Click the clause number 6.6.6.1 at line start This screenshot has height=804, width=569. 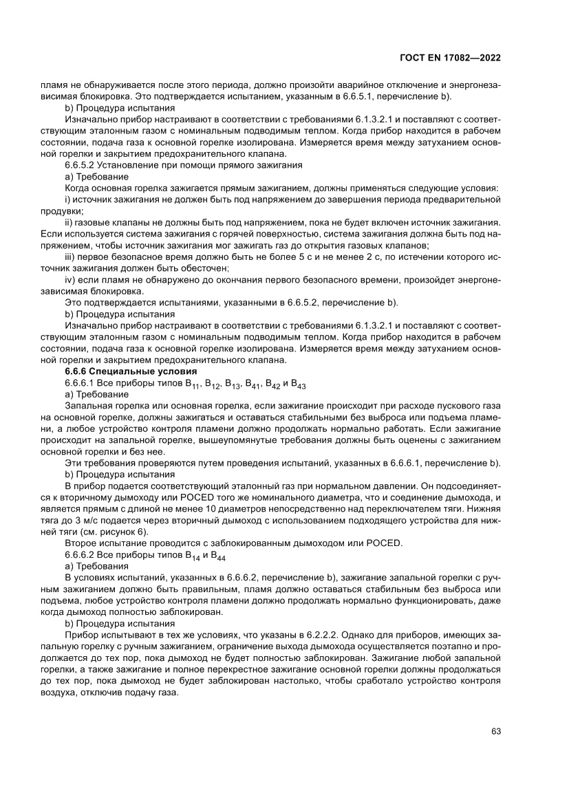[80, 384]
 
